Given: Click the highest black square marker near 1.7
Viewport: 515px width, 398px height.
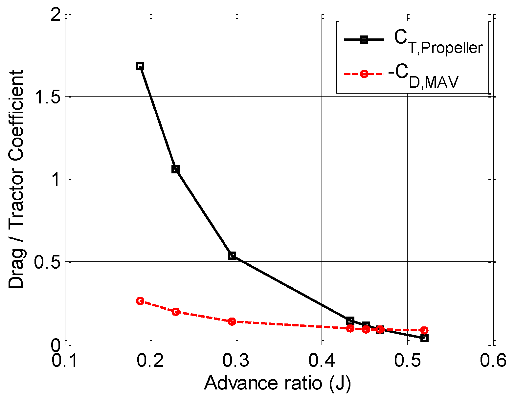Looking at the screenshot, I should coord(140,66).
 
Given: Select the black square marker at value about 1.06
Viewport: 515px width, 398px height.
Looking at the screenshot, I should coord(176,169).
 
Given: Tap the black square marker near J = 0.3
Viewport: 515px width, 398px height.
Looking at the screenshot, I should coord(232,255).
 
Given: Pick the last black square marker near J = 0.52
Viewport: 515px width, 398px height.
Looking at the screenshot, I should coord(424,338).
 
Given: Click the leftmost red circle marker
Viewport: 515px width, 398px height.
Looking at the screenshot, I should coord(140,301).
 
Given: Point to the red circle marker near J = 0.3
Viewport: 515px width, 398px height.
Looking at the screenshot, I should coord(232,321).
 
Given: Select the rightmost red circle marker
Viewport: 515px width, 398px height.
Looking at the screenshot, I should coord(424,330).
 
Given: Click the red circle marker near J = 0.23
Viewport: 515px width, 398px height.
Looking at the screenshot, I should coord(176,311).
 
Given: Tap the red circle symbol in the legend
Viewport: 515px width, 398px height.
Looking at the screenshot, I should coord(364,74).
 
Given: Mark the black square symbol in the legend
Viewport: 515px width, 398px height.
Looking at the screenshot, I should coord(364,40).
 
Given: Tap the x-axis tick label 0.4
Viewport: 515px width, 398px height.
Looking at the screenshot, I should coord(322,361).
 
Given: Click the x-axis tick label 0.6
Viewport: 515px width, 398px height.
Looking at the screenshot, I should coord(493,361).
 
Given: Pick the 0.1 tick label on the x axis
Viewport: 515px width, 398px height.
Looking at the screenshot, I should coord(65,361).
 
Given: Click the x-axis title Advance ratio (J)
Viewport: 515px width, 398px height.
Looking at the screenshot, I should coord(278,383).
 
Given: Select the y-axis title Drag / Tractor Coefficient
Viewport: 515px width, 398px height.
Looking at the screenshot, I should coord(16,179).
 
